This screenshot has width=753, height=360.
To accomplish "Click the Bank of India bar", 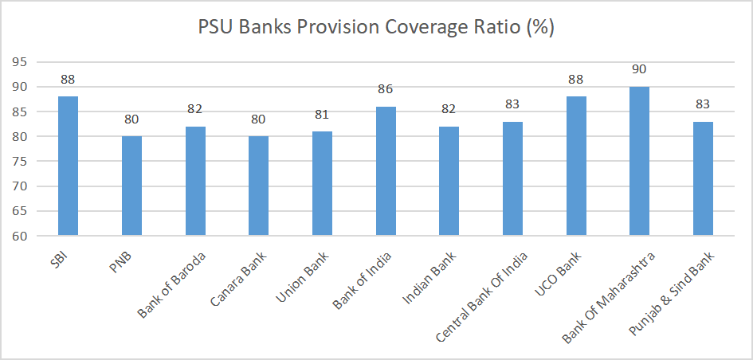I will click(x=386, y=171).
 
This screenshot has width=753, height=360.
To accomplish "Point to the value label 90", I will click(x=639, y=69).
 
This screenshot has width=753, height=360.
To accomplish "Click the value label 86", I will click(x=386, y=89).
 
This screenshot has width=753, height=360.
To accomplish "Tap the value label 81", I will click(x=322, y=115).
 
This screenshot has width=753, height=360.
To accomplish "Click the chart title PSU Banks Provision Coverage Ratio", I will click(x=376, y=27).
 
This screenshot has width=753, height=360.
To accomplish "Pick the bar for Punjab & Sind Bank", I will click(x=703, y=178).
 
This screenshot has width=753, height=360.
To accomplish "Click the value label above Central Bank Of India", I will click(x=512, y=104).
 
